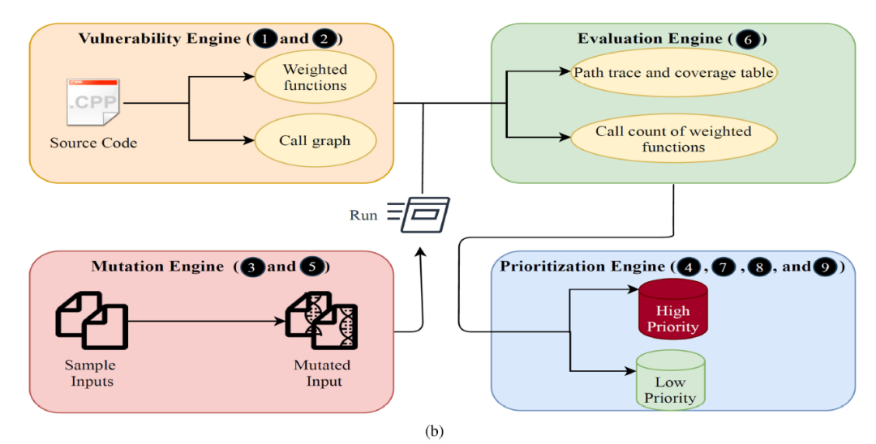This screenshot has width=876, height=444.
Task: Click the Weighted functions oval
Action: pos(315,78)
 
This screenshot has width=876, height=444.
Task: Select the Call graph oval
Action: pos(315,140)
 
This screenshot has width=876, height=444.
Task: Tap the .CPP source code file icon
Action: pos(92,101)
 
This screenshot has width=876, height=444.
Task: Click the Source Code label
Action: pos(93,143)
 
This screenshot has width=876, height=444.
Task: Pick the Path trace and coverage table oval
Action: pos(673,73)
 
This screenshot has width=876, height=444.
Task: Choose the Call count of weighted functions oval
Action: pos(673,139)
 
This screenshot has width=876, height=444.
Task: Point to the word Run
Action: pos(363,216)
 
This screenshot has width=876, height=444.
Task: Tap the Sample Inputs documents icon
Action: pos(91,322)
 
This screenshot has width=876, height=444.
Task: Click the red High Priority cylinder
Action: pos(672,309)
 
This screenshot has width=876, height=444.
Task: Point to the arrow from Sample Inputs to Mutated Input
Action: pos(207,322)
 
